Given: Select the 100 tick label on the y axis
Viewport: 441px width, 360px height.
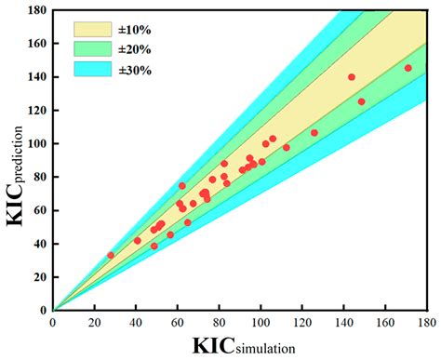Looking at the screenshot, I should pyautogui.click(x=37, y=144).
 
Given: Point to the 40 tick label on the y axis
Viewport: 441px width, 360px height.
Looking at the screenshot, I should pyautogui.click(x=40, y=244).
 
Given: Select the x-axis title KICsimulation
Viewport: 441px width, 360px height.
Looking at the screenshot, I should pyautogui.click(x=244, y=346).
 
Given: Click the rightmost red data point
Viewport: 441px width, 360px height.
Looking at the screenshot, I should pyautogui.click(x=408, y=68).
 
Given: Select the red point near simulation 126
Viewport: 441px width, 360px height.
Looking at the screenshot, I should pyautogui.click(x=314, y=133).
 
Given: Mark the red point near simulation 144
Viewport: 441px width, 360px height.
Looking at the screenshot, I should pyautogui.click(x=352, y=77).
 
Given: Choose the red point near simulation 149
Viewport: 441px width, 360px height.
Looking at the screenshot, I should pyautogui.click(x=361, y=102).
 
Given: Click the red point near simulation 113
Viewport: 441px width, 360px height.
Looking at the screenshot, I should pyautogui.click(x=287, y=148).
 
